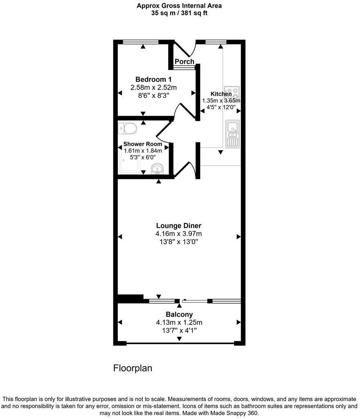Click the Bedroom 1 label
pyautogui.click(x=153, y=79)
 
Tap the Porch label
pyautogui.click(x=184, y=61)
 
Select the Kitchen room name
pyautogui.click(x=221, y=94)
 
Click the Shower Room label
pyautogui.click(x=143, y=144)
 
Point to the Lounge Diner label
pyautogui.click(x=179, y=225)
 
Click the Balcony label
pyautogui.click(x=179, y=314)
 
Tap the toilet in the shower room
pyautogui.click(x=127, y=128)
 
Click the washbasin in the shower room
pyautogui.click(x=157, y=169)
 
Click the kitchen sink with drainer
pyautogui.click(x=232, y=134)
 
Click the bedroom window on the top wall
pyautogui.click(x=141, y=41)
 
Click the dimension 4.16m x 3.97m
pyautogui.click(x=179, y=234)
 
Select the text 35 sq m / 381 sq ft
pyautogui.click(x=180, y=13)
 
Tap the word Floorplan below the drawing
pyautogui.click(x=133, y=368)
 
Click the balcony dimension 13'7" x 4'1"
pyautogui.click(x=179, y=330)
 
